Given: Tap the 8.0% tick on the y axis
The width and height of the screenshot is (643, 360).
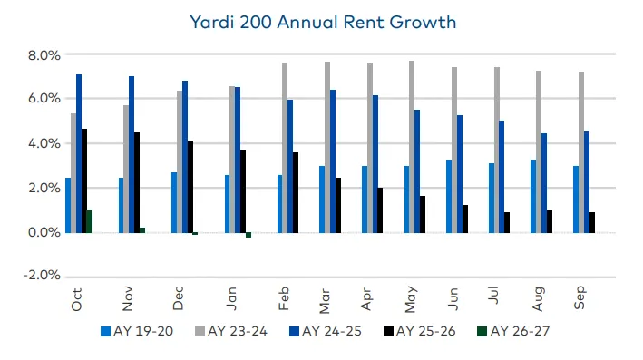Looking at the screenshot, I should (x=42, y=55).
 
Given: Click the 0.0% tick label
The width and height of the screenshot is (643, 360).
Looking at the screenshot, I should (x=42, y=232).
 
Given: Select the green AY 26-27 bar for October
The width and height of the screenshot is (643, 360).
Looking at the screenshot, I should (x=89, y=221).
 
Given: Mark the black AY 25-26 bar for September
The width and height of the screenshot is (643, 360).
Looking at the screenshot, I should (x=592, y=222).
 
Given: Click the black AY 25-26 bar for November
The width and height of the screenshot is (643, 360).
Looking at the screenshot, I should (x=137, y=182).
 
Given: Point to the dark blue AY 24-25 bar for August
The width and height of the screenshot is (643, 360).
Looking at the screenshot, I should (x=544, y=182).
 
